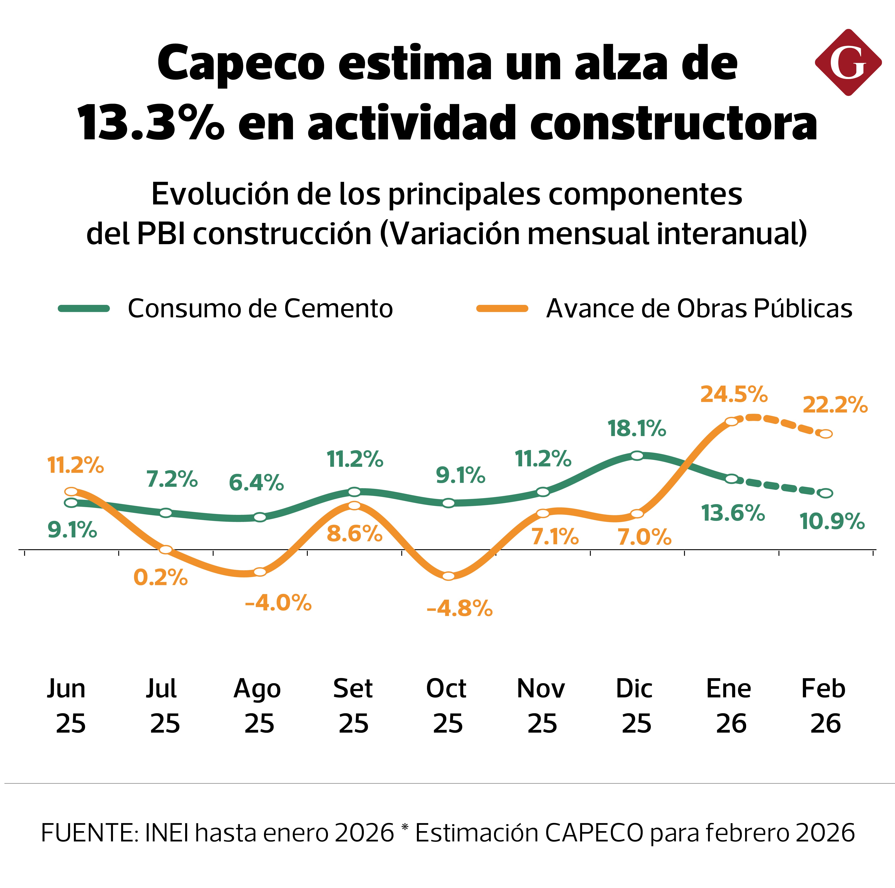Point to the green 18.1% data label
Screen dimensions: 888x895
point(636,429)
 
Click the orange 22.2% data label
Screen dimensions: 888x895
point(835,405)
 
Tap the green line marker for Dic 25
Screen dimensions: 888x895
point(637,456)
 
